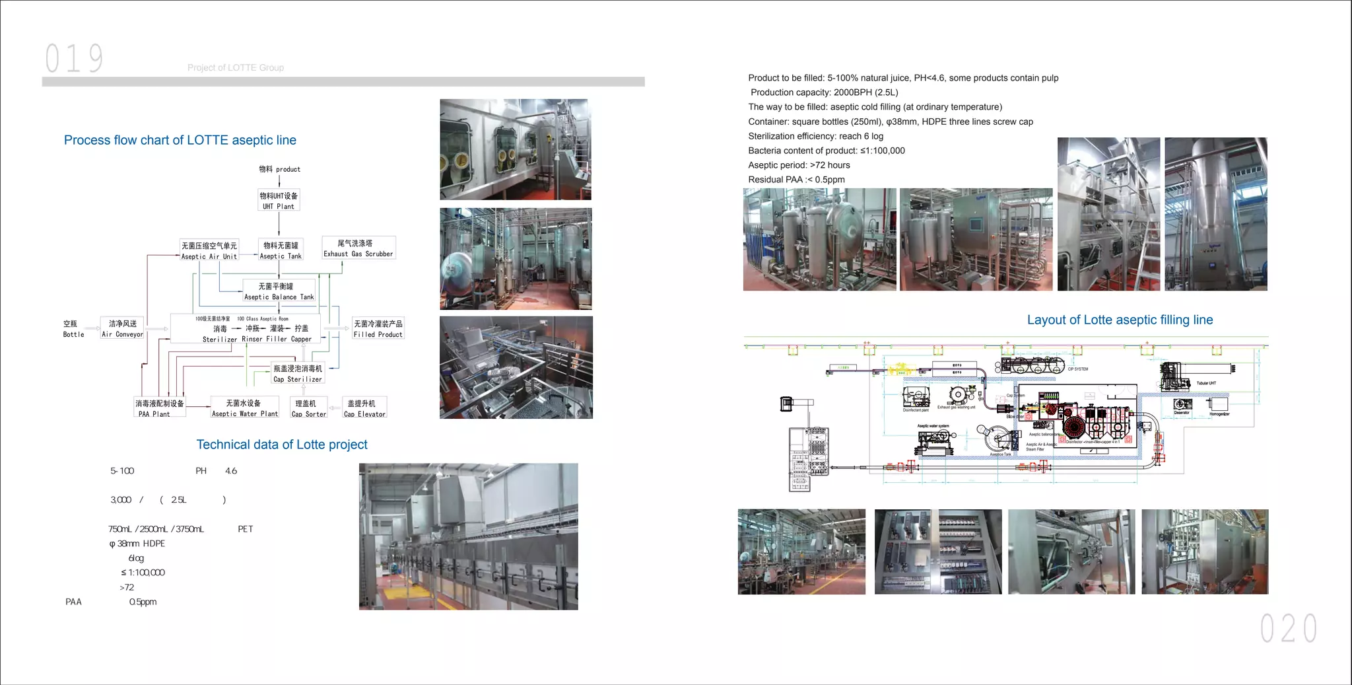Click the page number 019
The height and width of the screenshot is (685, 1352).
(75, 58)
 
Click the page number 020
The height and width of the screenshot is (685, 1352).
(1288, 628)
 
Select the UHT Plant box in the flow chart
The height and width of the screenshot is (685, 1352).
(279, 200)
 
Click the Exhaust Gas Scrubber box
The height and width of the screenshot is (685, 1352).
(358, 248)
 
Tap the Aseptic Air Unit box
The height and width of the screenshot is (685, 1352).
(209, 250)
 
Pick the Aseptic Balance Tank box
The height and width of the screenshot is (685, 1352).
(279, 291)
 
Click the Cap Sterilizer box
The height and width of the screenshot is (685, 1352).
(298, 373)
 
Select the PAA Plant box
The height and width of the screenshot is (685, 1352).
(159, 408)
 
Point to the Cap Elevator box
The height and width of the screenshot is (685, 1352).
(364, 408)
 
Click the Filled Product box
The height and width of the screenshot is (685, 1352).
(378, 328)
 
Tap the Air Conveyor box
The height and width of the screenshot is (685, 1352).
(122, 328)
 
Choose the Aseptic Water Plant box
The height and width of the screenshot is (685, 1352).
(244, 408)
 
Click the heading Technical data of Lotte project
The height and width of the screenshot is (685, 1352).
(282, 445)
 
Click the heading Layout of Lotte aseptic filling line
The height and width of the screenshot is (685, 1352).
(1120, 320)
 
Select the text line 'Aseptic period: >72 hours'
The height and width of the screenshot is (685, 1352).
(799, 165)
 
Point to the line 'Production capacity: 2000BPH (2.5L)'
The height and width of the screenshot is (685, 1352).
(824, 92)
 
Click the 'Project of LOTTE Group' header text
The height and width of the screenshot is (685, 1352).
(236, 67)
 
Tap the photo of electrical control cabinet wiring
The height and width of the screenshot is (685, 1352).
(938, 552)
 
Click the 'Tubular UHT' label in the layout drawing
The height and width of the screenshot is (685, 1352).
(1206, 383)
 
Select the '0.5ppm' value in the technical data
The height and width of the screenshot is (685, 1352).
(143, 602)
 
